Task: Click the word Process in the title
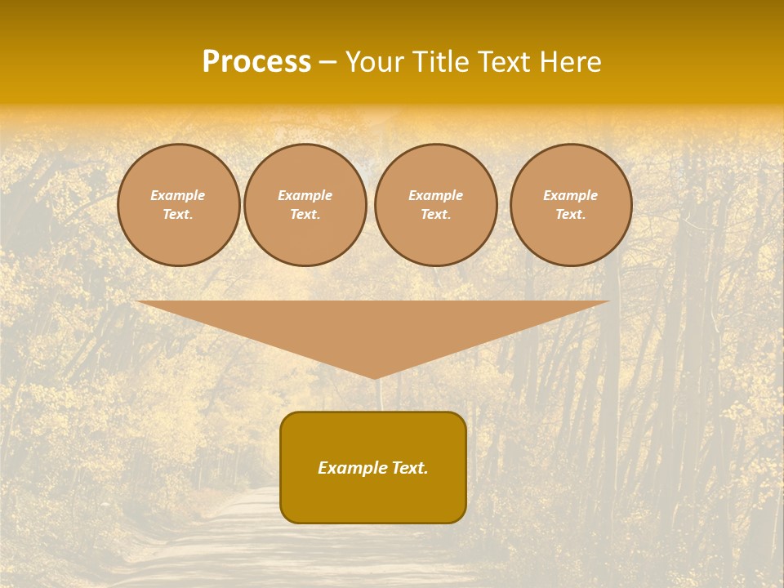pos(256,62)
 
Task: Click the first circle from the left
pos(178,205)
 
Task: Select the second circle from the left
pos(305,205)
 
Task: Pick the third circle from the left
pos(435,205)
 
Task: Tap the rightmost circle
pos(571,205)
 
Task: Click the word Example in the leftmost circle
pos(178,195)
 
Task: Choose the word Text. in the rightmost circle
pos(571,215)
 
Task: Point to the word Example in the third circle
pos(435,195)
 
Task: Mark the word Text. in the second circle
pos(305,215)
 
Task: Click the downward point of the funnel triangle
pos(374,376)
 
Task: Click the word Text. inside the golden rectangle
pos(410,468)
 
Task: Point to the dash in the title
pos(327,62)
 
